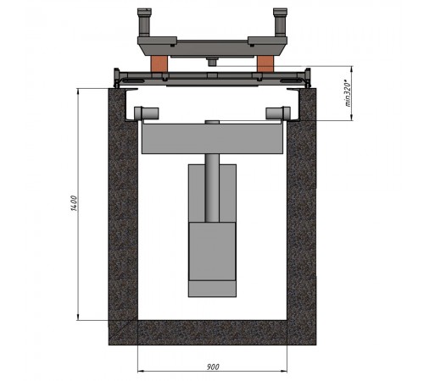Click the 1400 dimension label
pyautogui.click(x=74, y=203)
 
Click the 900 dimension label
pyautogui.click(x=213, y=367)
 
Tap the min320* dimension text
pyautogui.click(x=348, y=94)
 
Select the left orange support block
pyautogui.click(x=159, y=64)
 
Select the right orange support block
pyautogui.click(x=265, y=63)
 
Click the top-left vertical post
pyautogui.click(x=144, y=23)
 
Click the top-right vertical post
pyautogui.click(x=280, y=23)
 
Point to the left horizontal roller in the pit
pyautogui.click(x=147, y=113)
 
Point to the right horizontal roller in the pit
pyautogui.click(x=278, y=113)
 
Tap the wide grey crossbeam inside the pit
pyautogui.click(x=212, y=138)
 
